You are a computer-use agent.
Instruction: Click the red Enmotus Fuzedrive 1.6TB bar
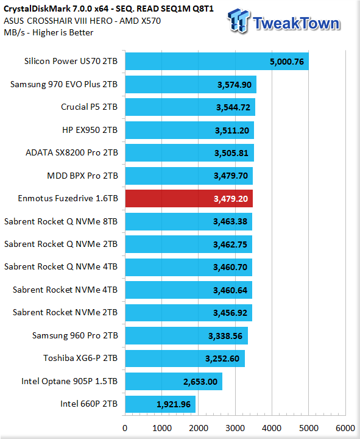[x=189, y=199]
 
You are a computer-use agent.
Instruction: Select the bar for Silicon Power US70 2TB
[x=217, y=62]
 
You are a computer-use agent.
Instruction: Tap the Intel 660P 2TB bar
[x=160, y=404]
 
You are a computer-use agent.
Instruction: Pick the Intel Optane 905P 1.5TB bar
[x=174, y=381]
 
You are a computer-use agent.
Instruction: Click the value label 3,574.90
[x=235, y=85]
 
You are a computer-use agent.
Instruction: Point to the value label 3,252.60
[x=222, y=359]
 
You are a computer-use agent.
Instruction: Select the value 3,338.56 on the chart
[x=225, y=336]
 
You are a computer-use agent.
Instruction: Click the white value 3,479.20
[x=231, y=199]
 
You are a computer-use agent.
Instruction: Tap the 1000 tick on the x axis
[x=162, y=428]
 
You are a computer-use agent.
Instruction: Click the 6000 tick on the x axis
[x=345, y=428]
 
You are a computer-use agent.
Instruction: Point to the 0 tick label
[x=125, y=428]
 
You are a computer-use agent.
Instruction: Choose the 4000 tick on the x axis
[x=272, y=428]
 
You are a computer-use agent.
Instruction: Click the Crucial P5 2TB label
[x=89, y=107]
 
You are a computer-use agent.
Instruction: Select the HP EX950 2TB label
[x=90, y=130]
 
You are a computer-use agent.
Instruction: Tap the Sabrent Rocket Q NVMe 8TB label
[x=61, y=221]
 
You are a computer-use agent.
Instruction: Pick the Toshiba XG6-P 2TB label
[x=80, y=358]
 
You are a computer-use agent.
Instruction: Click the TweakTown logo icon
[x=238, y=21]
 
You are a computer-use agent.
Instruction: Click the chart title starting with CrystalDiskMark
[x=108, y=9]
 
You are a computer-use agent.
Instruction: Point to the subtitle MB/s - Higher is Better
[x=48, y=32]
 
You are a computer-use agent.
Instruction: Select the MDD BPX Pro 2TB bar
[x=189, y=176]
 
